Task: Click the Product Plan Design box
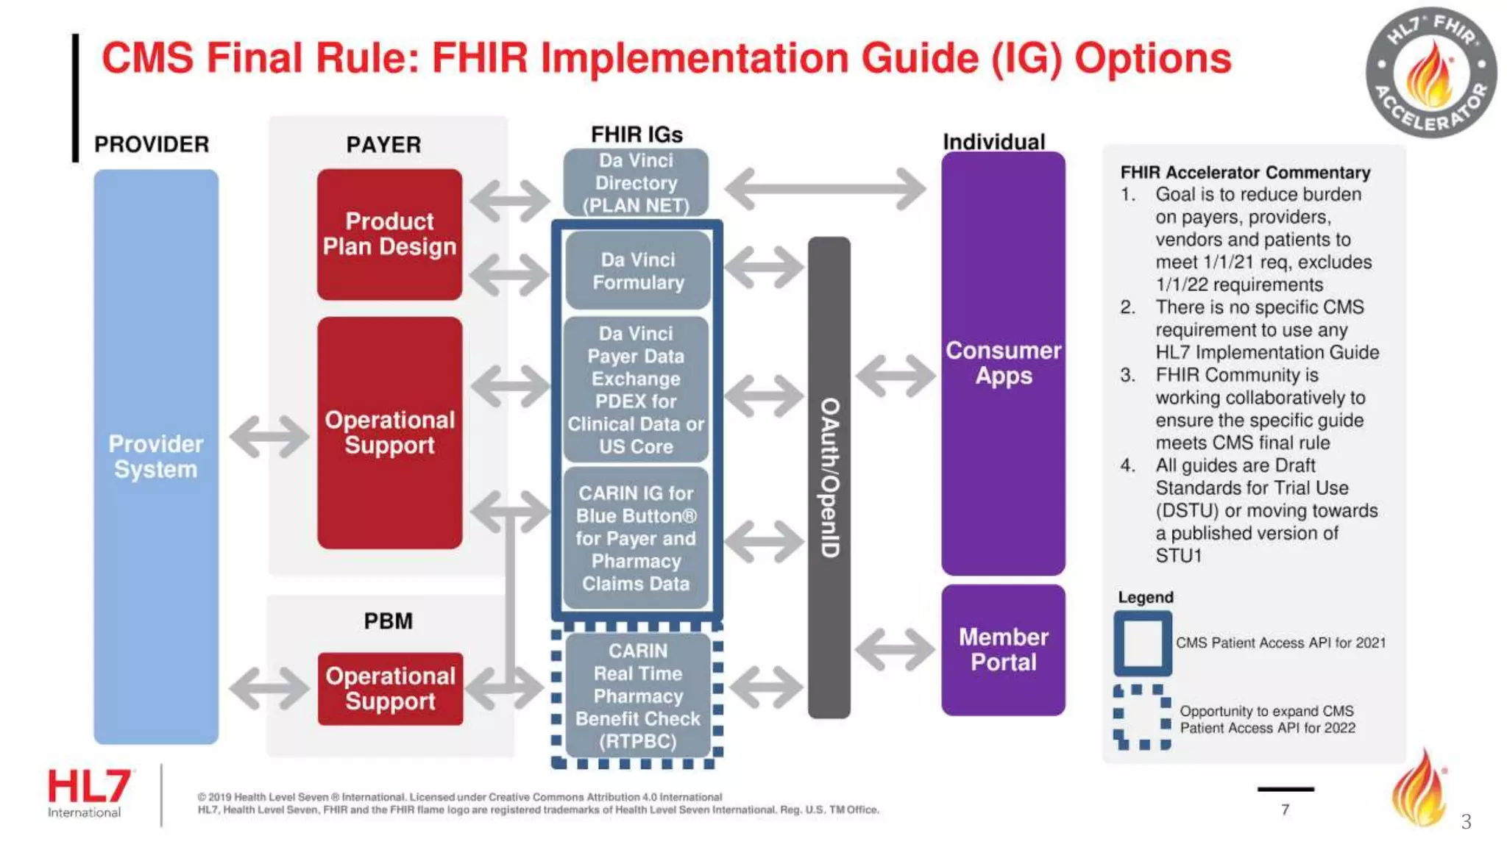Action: pos(389,234)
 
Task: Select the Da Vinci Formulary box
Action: pos(637,271)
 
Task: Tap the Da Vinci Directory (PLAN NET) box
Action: pos(637,183)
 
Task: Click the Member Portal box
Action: pos(1003,649)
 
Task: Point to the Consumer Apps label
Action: pos(1003,362)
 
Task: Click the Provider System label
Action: pos(155,457)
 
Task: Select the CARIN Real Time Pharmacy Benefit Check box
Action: pos(637,696)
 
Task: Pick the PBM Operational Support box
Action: pos(390,688)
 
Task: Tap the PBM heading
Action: pos(388,621)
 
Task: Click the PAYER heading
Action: pos(383,145)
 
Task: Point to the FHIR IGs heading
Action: pos(637,135)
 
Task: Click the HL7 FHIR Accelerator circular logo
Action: pos(1430,73)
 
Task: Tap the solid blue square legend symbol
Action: pos(1142,643)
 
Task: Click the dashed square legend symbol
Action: pos(1142,717)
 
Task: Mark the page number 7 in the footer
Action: pos(1285,810)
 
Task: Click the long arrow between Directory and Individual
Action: pos(825,188)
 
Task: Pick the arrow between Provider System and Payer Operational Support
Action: pos(269,436)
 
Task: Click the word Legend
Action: pos(1145,597)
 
